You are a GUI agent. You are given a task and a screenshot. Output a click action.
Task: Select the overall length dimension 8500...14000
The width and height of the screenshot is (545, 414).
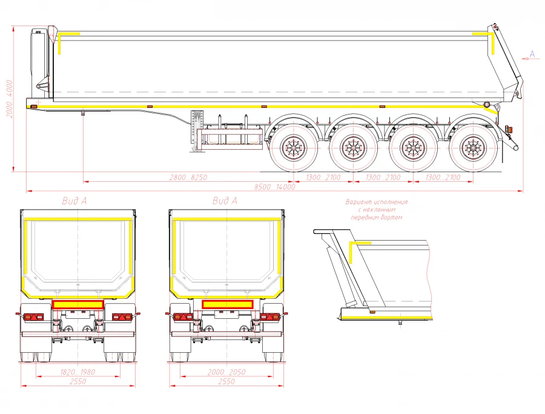(274, 187)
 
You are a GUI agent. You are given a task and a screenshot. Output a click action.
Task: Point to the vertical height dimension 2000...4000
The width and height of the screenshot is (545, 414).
(8, 98)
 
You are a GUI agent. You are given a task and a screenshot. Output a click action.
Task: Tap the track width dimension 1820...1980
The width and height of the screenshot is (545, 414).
(79, 372)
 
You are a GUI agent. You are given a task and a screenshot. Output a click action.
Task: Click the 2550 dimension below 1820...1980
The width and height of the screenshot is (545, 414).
(78, 382)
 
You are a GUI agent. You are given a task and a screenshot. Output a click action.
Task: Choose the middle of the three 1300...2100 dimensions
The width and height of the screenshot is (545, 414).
(383, 178)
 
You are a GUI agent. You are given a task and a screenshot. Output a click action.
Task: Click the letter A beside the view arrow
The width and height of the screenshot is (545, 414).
(532, 54)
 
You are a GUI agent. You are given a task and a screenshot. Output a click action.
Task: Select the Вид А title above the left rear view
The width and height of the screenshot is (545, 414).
(74, 201)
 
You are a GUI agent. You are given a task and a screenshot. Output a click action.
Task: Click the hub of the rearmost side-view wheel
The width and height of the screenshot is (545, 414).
(472, 147)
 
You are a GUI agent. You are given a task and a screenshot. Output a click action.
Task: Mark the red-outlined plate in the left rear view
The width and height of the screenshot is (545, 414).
(78, 304)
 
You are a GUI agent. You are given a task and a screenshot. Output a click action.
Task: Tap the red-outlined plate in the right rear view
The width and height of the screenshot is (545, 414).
(227, 304)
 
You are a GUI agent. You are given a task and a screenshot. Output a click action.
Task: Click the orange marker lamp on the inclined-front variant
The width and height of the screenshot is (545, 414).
(372, 312)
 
